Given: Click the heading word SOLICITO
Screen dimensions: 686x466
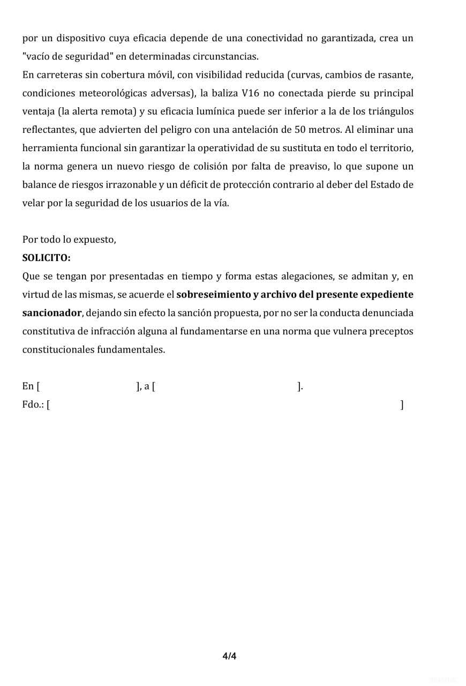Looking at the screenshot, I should click(x=46, y=258).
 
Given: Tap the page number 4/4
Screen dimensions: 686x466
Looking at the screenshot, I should click(x=229, y=655).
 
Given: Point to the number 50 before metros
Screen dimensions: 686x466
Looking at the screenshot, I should click(x=300, y=130).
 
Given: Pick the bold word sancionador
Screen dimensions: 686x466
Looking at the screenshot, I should click(x=52, y=313).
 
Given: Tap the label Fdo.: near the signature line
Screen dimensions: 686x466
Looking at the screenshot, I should click(x=33, y=405).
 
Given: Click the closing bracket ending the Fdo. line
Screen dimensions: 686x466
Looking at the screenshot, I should click(x=402, y=405).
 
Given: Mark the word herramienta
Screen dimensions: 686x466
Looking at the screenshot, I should click(x=49, y=148).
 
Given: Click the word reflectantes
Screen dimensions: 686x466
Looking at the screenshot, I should click(x=49, y=130).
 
